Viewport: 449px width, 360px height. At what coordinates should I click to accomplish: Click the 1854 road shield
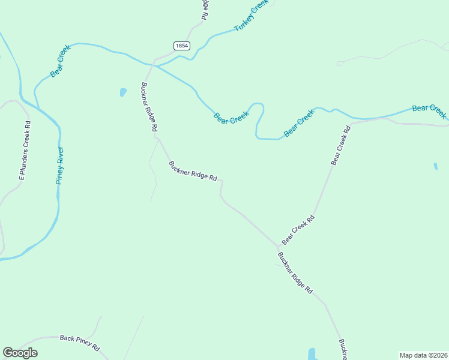[x=181, y=46]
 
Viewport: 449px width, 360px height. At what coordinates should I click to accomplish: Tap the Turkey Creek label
[x=251, y=16]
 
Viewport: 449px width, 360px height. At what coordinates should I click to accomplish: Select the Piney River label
[x=59, y=165]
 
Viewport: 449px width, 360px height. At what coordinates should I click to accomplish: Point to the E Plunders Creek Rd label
[x=25, y=150]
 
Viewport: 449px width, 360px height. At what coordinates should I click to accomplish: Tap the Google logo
[x=20, y=353]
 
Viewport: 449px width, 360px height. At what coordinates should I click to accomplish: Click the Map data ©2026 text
[x=423, y=355]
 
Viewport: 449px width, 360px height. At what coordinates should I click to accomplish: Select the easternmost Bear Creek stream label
[x=429, y=111]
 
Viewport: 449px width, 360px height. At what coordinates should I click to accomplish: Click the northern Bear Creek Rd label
[x=340, y=146]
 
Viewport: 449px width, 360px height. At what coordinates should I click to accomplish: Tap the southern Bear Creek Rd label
[x=298, y=230]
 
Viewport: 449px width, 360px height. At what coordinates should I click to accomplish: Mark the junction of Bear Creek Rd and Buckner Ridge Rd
[x=279, y=246]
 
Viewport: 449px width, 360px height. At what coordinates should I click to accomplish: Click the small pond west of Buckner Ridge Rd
[x=123, y=92]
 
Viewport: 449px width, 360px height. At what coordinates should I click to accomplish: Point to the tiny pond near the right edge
[x=435, y=166]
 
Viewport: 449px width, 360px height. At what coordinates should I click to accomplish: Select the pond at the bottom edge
[x=312, y=354]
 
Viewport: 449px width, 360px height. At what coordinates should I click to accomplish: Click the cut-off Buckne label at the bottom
[x=342, y=350]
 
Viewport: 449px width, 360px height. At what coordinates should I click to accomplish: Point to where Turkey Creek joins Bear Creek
[x=157, y=65]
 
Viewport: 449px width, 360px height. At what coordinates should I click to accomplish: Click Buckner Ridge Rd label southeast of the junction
[x=295, y=273]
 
